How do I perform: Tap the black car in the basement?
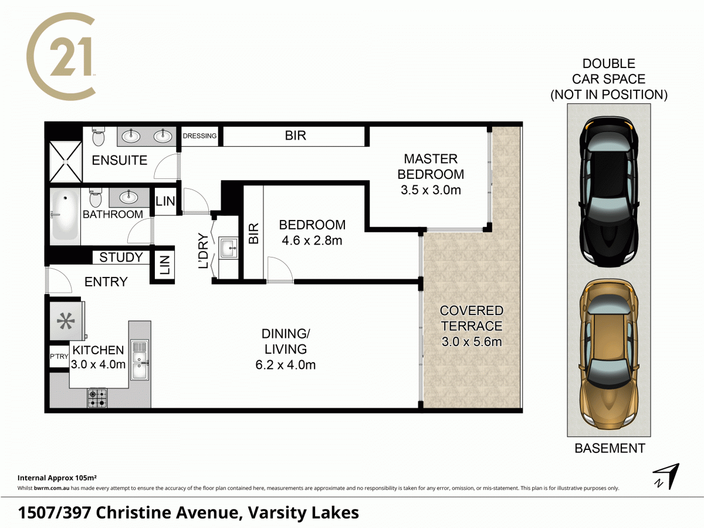point(608,191)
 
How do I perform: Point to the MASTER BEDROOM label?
point(431,166)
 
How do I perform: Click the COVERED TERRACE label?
point(472,318)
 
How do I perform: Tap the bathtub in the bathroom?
point(65,215)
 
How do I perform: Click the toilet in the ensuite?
point(98,138)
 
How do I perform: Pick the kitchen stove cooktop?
point(97,398)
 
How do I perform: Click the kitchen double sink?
point(140,360)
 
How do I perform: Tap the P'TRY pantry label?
point(59,357)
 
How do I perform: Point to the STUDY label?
point(121,257)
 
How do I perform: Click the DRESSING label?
point(200,136)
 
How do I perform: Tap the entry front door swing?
point(59,280)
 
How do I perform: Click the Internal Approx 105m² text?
point(57,477)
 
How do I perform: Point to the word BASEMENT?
point(610,448)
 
